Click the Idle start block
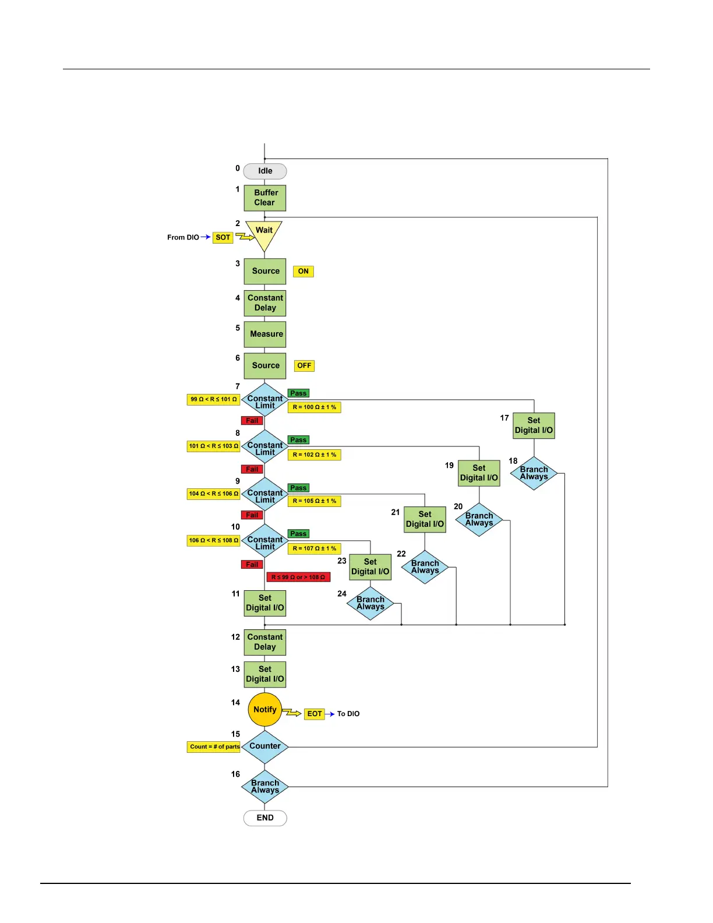(x=265, y=171)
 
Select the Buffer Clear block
(x=265, y=198)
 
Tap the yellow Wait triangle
(x=264, y=232)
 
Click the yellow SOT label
(x=223, y=238)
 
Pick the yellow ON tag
(x=303, y=272)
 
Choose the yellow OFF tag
(x=304, y=366)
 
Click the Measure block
(x=265, y=334)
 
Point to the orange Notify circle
(x=265, y=710)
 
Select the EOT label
(x=315, y=714)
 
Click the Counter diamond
(x=265, y=746)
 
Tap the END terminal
(x=265, y=818)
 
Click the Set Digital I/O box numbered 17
(x=534, y=426)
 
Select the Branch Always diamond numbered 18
(x=534, y=473)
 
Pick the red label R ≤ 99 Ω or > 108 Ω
(x=298, y=577)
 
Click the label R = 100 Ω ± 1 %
(x=314, y=407)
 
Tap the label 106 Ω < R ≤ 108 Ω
(x=214, y=541)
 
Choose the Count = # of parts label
(x=214, y=747)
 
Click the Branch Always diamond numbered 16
(x=265, y=787)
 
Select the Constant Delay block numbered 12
(x=265, y=642)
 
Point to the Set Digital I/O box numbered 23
(x=370, y=567)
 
